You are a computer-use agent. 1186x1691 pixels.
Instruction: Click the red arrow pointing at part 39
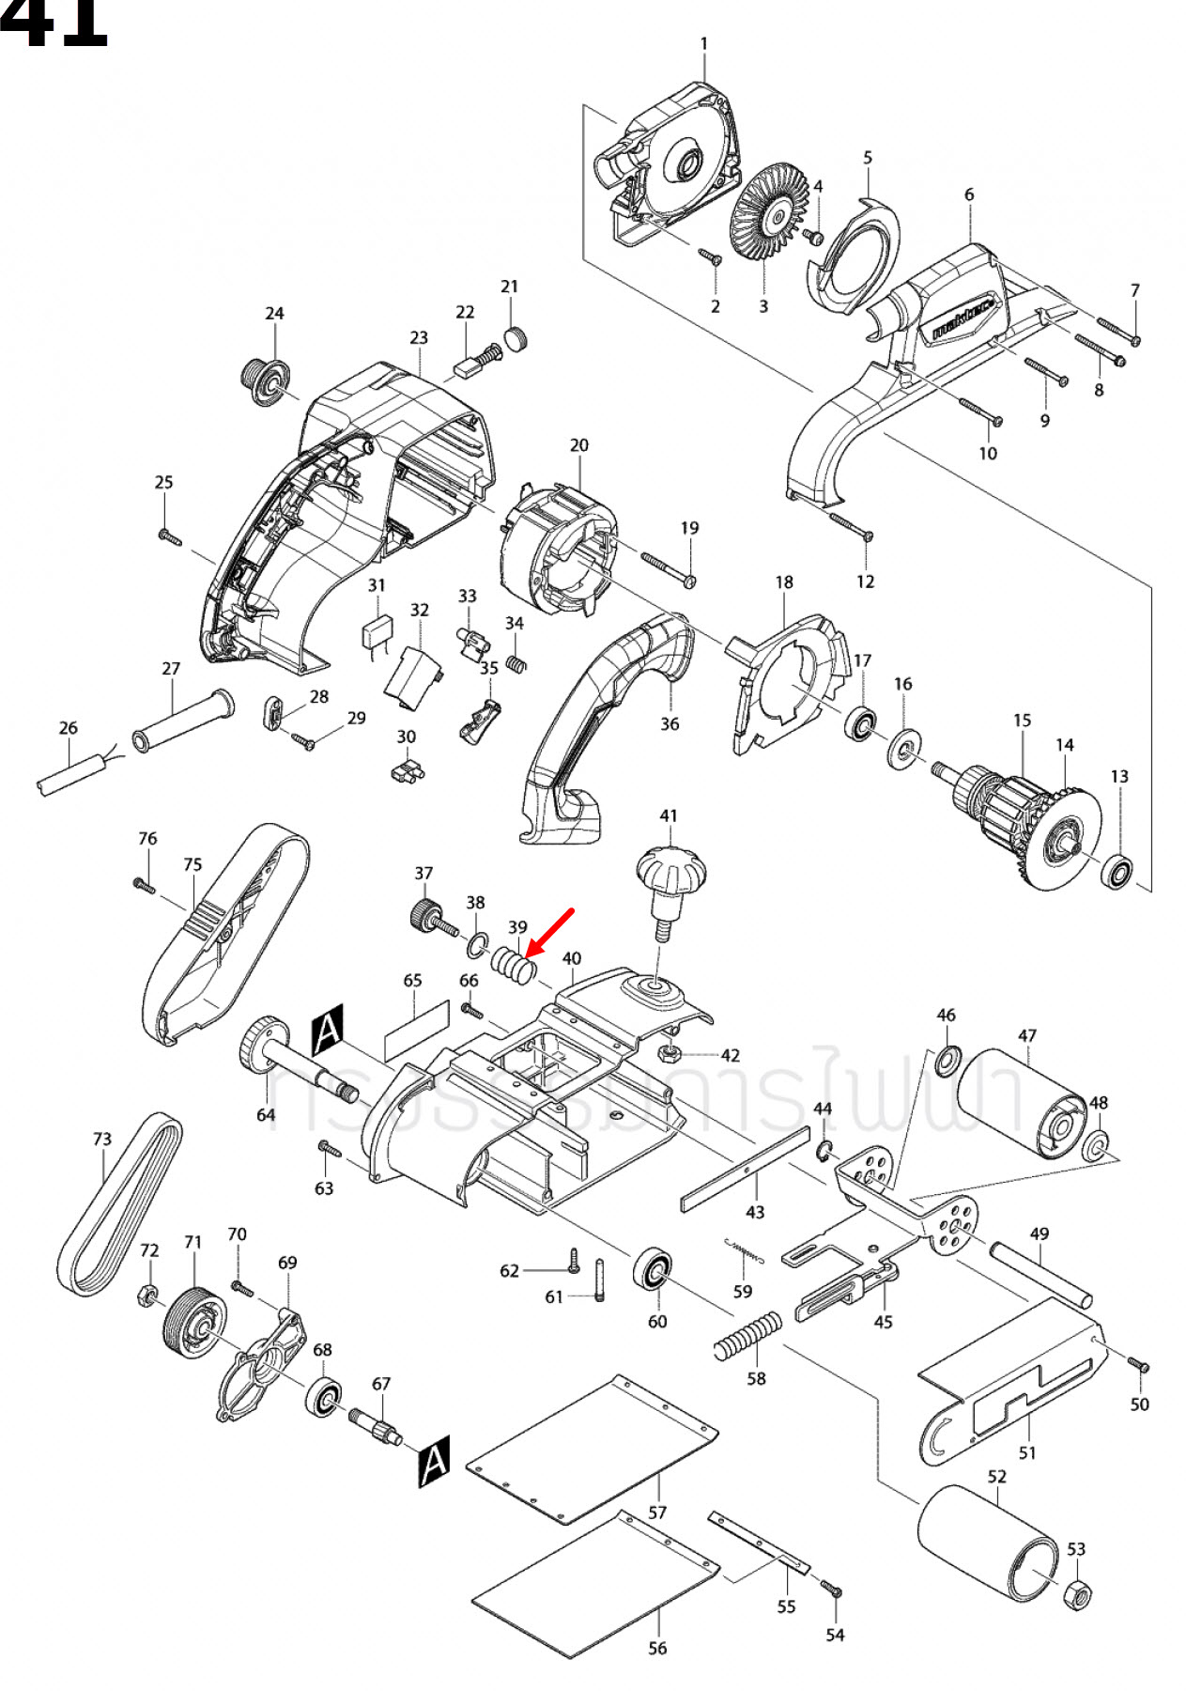click(551, 931)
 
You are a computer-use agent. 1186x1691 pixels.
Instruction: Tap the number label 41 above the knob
click(669, 815)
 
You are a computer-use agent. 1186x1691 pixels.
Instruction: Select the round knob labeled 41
click(670, 873)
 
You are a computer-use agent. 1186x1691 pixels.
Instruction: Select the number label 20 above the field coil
click(579, 445)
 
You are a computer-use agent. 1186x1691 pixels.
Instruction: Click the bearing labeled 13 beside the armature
click(1117, 871)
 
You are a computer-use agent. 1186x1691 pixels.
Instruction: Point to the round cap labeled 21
click(516, 338)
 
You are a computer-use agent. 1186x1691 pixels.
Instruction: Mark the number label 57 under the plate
click(657, 1513)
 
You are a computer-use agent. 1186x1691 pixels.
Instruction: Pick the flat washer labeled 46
click(947, 1059)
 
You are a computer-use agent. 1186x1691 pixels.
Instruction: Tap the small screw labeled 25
click(168, 536)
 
